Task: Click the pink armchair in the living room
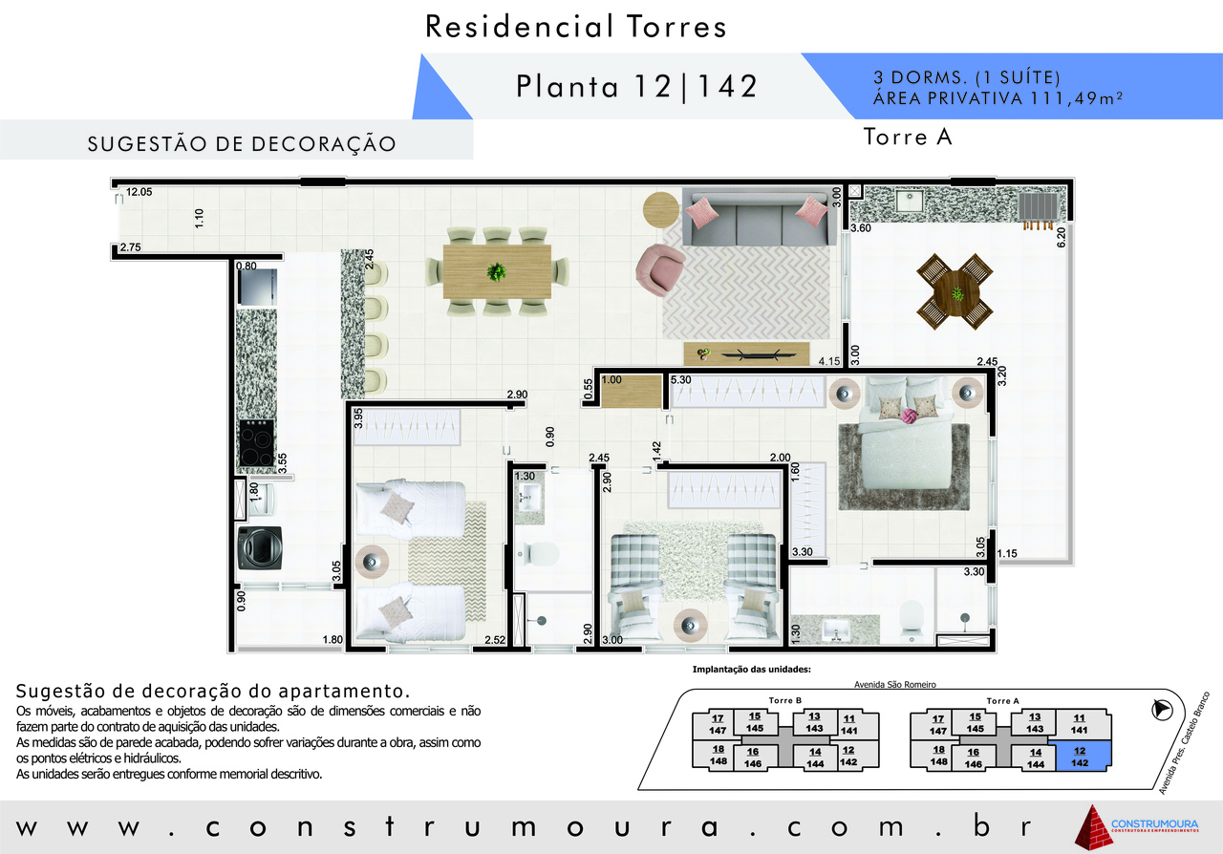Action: tap(659, 269)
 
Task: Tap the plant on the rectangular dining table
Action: tap(496, 271)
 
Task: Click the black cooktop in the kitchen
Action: tap(257, 443)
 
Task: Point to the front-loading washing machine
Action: tap(260, 547)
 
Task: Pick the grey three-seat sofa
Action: tap(759, 218)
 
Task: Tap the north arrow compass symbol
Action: tap(1163, 710)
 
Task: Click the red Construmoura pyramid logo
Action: tap(1093, 826)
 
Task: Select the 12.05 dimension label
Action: tap(139, 192)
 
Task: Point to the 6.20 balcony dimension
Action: tap(1061, 238)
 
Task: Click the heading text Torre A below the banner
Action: tap(908, 137)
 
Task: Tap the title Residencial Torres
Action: tap(575, 26)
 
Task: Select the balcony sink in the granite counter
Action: tap(909, 201)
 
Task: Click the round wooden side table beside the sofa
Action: tap(660, 210)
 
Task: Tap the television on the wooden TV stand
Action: tap(750, 355)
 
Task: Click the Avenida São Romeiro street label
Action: tap(895, 685)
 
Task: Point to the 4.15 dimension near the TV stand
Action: tap(828, 361)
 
